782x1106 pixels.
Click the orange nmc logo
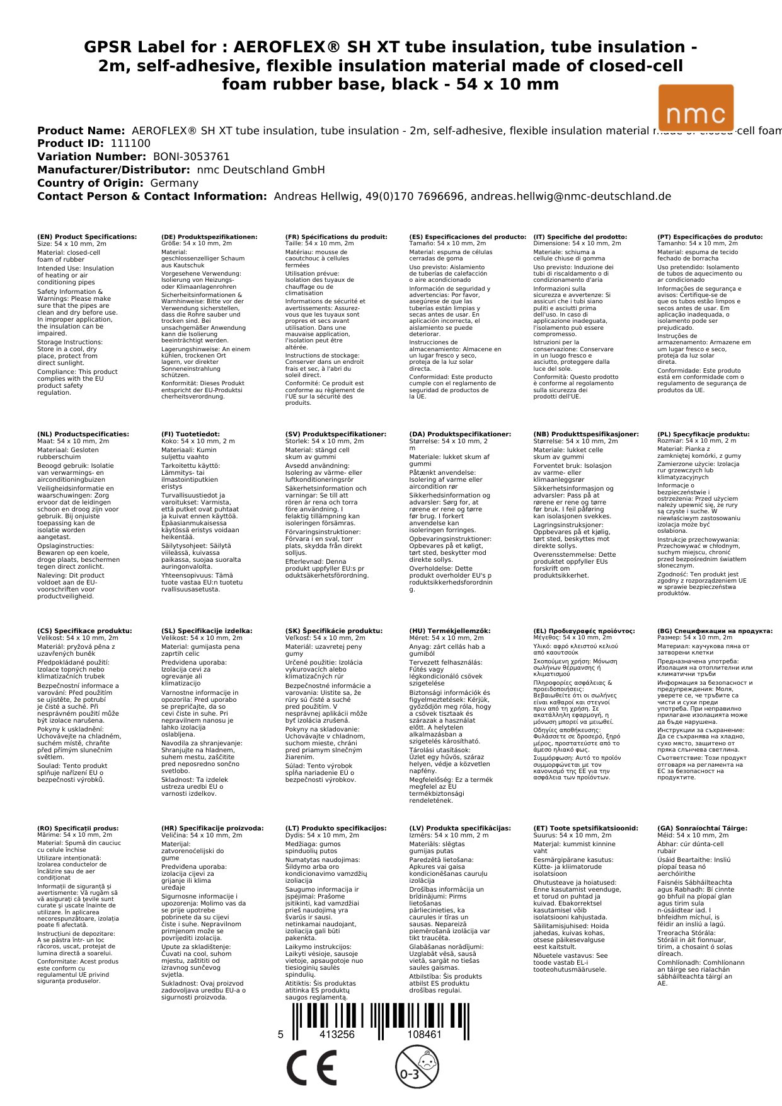696,108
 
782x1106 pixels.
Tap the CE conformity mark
311,1068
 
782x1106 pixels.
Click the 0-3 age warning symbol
417,1067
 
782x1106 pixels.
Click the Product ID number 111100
130,144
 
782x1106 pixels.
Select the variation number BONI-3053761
192,157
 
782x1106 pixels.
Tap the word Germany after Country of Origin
174,183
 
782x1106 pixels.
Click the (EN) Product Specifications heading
87,237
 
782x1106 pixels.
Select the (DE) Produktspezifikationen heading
209,237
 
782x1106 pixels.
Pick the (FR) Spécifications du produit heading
336,237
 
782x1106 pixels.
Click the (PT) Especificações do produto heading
710,237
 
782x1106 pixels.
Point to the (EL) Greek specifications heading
584,631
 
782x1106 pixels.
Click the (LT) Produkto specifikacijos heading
336,829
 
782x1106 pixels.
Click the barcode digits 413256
337,1035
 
